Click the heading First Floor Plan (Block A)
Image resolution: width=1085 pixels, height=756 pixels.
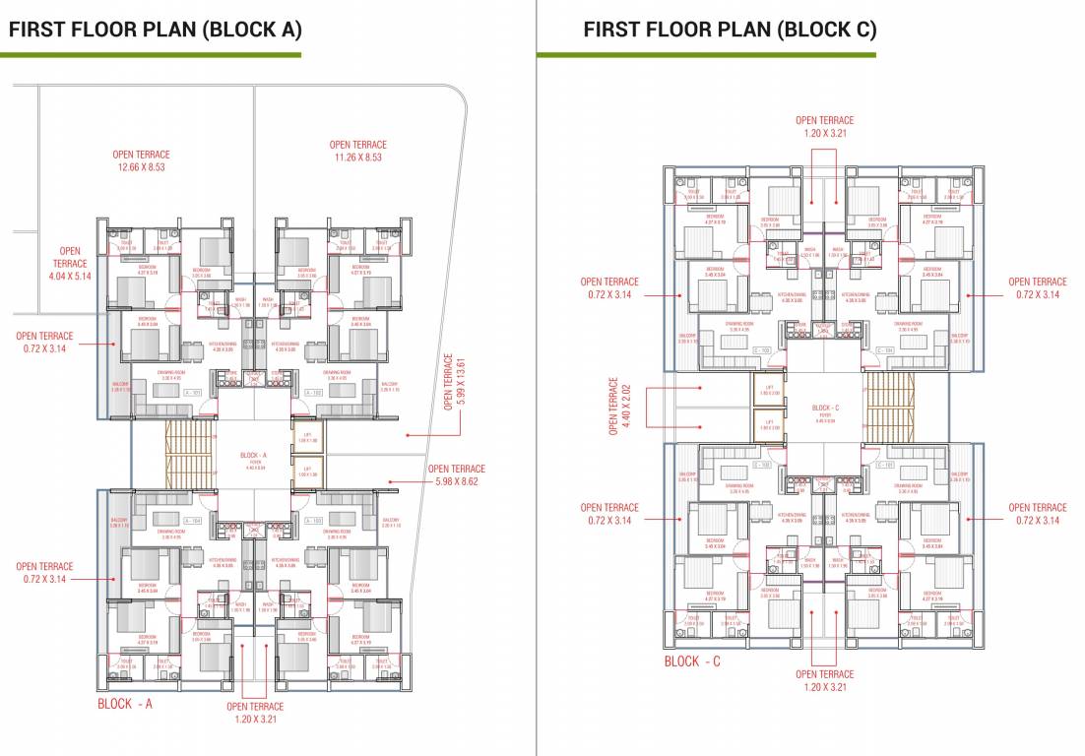point(155,30)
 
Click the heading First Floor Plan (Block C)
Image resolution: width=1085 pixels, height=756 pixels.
point(730,30)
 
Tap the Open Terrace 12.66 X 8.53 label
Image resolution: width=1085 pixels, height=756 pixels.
point(141,160)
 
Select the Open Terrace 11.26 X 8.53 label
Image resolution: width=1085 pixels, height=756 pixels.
point(357,151)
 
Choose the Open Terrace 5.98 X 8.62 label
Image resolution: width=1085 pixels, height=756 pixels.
point(456,475)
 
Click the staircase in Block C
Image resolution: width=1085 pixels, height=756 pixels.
point(889,407)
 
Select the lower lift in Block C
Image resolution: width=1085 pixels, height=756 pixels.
point(770,422)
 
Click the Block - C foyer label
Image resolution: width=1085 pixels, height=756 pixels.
point(824,411)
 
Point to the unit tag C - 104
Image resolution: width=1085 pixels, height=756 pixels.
point(885,349)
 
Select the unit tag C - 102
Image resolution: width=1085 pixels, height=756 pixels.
point(761,464)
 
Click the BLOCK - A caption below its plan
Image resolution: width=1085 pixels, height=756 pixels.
point(125,704)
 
